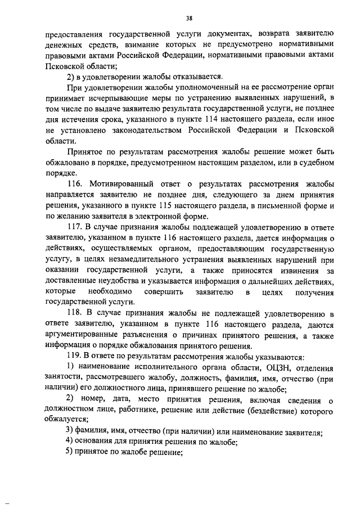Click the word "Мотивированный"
click(x=123, y=184)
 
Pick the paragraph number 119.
click(x=74, y=357)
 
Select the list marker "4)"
click(x=70, y=443)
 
